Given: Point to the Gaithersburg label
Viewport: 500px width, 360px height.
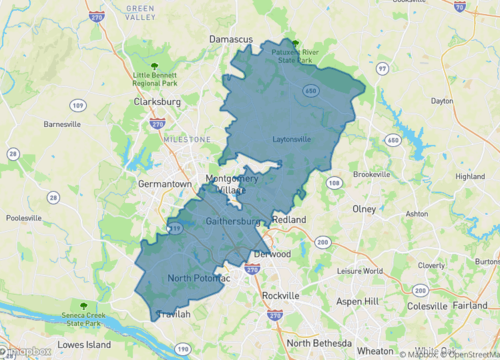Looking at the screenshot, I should tap(233, 220).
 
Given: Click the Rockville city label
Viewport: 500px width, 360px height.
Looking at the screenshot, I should tap(280, 297).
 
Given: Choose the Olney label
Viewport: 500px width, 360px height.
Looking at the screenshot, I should tap(365, 209).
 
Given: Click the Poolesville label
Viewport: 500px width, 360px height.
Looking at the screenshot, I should tap(26, 217).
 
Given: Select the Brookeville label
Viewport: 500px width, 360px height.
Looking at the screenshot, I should tap(371, 174).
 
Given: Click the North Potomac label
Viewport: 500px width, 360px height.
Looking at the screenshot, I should tap(199, 277).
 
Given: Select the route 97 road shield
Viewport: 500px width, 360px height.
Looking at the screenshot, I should tap(383, 68).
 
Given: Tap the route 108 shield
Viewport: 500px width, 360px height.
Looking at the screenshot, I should tap(334, 183).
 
